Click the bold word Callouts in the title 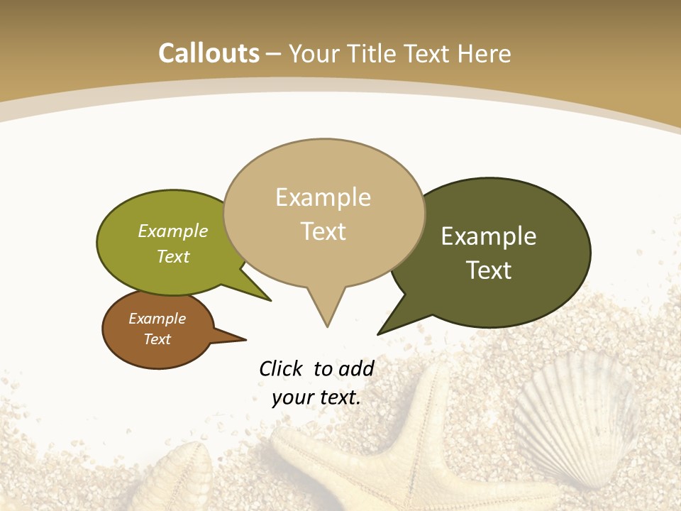pos(209,53)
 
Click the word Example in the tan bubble pos(323,197)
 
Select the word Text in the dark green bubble pos(489,270)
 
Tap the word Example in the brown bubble pos(157,319)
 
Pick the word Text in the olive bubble pos(173,257)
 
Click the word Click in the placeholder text pos(281,368)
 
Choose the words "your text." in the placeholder pos(316,397)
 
